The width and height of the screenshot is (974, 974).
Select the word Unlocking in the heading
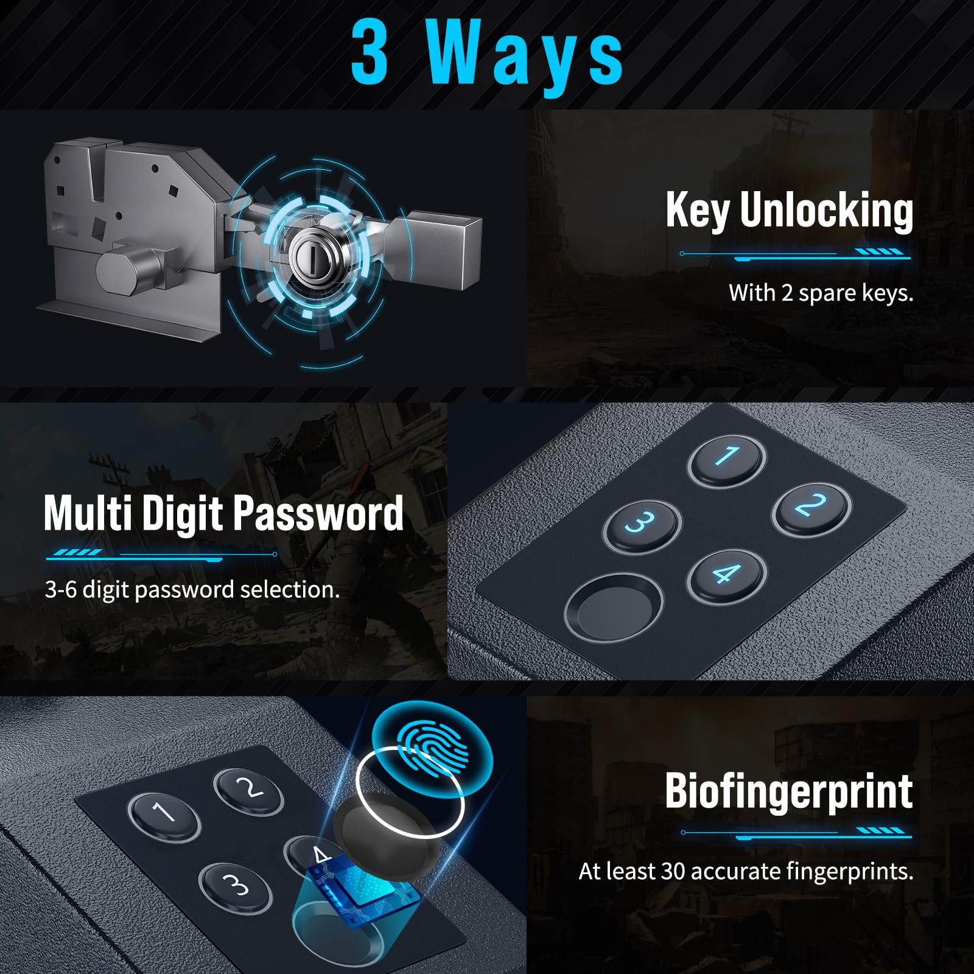[x=826, y=211]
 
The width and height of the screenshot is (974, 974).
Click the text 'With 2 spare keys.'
[x=821, y=293]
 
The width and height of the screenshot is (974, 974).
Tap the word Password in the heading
[x=318, y=513]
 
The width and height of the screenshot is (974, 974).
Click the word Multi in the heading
[x=88, y=513]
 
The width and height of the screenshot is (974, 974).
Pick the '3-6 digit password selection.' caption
[x=192, y=590]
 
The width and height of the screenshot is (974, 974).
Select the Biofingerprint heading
[x=788, y=791]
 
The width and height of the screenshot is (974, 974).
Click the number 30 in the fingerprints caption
[x=673, y=872]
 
